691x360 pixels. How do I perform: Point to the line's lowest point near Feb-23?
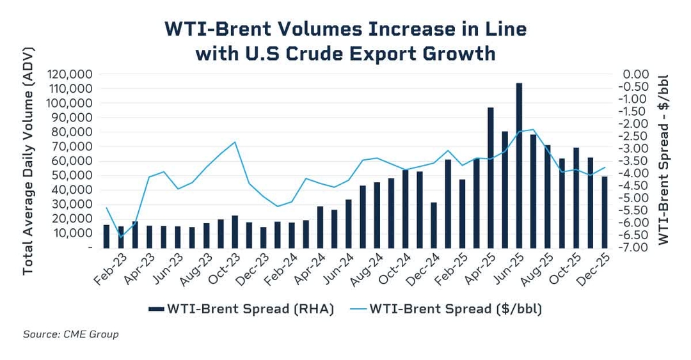tap(121, 237)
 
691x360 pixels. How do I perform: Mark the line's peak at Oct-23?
tap(235, 142)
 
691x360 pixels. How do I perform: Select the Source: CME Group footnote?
tap(71, 334)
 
